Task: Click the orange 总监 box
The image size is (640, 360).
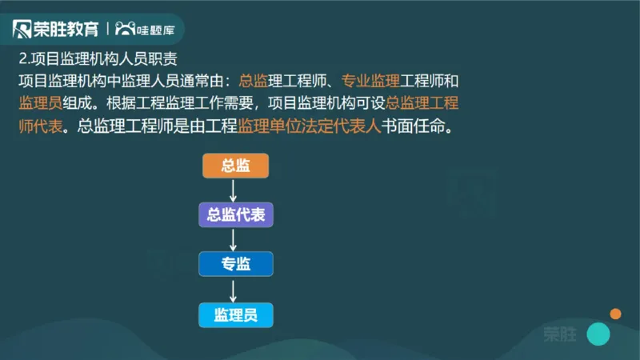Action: click(x=235, y=166)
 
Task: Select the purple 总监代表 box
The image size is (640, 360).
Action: click(x=235, y=214)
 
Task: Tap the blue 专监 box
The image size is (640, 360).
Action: click(x=235, y=264)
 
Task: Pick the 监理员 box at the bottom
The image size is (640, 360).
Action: click(x=235, y=314)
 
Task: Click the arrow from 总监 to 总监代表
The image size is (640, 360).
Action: click(x=233, y=190)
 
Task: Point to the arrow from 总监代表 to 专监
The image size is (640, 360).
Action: click(x=233, y=238)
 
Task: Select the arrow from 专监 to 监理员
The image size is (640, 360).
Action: click(x=233, y=289)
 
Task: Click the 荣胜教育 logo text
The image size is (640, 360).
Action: click(x=66, y=30)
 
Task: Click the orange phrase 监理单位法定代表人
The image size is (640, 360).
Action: click(x=308, y=127)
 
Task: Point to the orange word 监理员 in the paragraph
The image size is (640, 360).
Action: click(x=39, y=105)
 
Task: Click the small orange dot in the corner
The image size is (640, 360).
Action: click(x=615, y=313)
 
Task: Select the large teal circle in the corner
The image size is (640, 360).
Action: click(x=598, y=334)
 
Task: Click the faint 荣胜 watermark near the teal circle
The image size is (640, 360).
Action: click(x=559, y=334)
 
